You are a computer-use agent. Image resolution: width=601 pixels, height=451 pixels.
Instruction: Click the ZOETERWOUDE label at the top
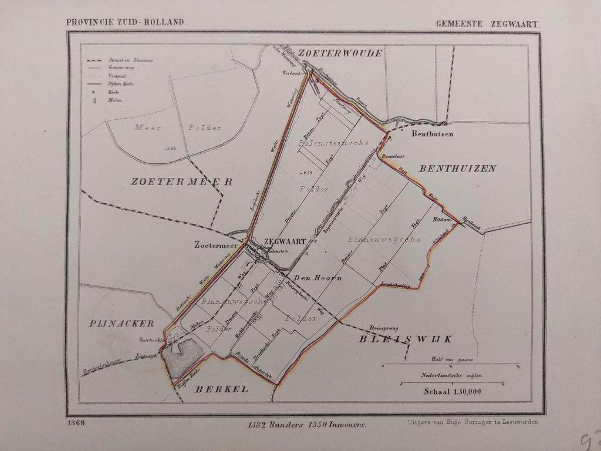[340, 53]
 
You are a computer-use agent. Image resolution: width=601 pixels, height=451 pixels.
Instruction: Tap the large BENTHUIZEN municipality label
[457, 169]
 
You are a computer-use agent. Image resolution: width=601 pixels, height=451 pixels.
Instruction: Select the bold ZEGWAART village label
[285, 241]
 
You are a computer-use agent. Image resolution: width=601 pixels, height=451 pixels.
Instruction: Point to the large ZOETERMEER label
[181, 182]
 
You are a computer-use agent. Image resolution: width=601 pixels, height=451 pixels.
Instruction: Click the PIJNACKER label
[122, 323]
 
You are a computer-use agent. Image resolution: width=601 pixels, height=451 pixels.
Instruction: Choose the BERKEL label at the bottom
[222, 389]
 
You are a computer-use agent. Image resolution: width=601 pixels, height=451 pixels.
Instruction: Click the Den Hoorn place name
[318, 278]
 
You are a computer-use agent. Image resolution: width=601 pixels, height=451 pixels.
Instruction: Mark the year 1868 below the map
[76, 423]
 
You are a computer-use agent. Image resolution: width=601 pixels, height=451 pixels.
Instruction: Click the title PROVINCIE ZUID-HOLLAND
[126, 22]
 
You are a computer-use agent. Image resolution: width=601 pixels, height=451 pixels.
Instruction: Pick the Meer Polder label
[176, 127]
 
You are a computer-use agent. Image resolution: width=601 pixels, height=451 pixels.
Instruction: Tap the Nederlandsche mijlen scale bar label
[451, 375]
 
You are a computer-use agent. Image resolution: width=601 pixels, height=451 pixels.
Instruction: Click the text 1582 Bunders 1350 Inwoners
[307, 424]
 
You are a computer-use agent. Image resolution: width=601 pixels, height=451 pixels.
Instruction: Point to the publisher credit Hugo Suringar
[471, 422]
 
